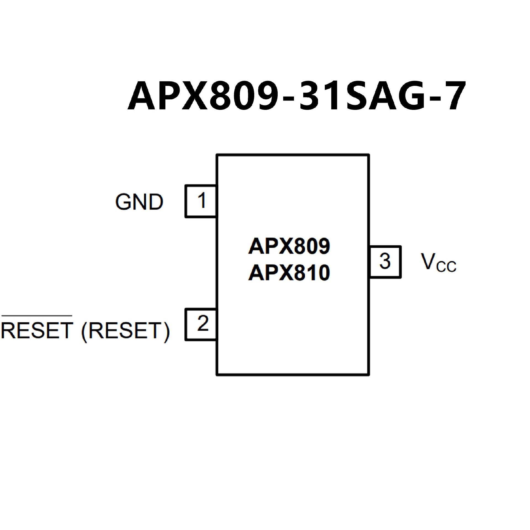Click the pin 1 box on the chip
click(x=201, y=201)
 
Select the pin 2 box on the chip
click(x=201, y=324)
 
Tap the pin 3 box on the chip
click(x=385, y=261)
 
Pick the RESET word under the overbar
click(x=37, y=330)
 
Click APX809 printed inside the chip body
click(x=289, y=246)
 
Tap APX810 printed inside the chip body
click(x=289, y=273)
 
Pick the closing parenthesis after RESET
click(x=166, y=332)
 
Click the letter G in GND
click(x=123, y=202)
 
